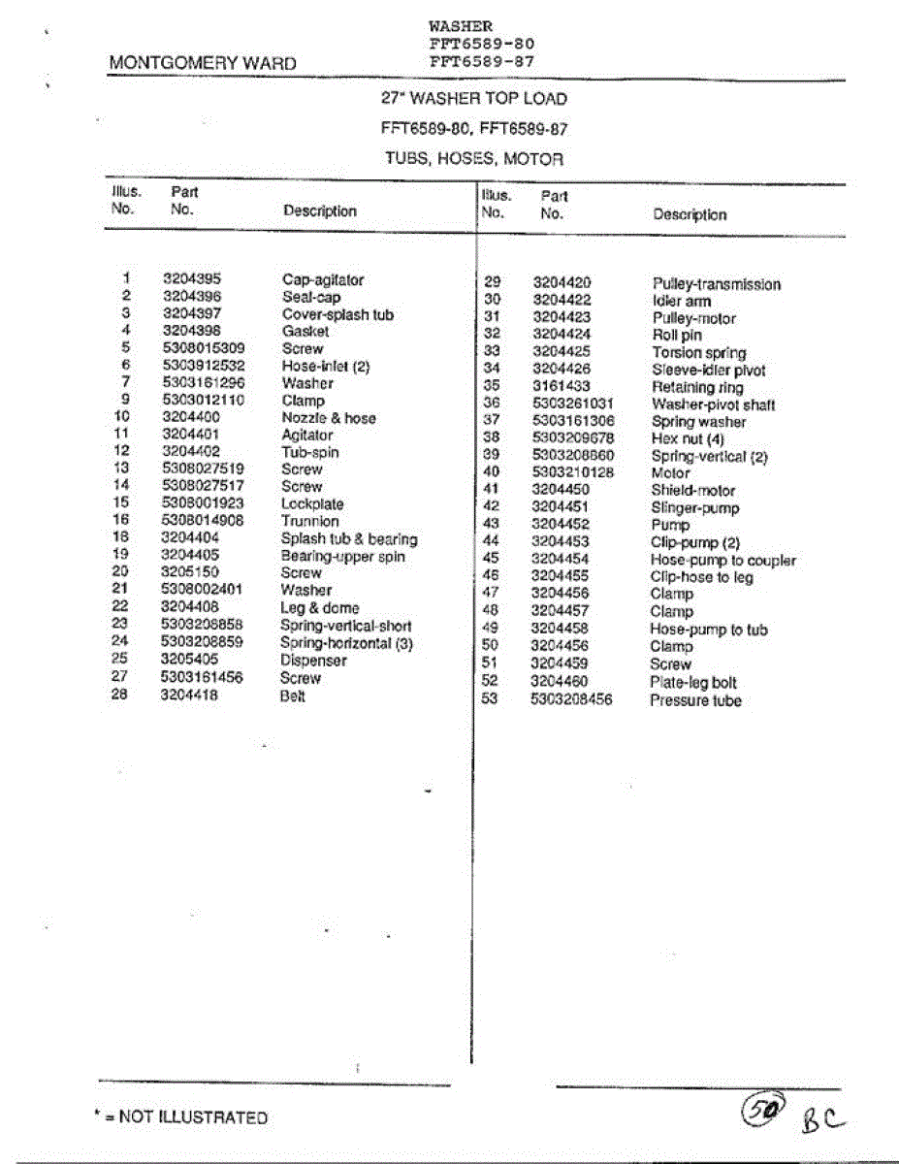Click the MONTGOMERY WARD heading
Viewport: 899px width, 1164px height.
pos(203,64)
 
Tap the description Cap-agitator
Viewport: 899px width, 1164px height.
pos(323,280)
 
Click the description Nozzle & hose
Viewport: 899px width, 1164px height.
pos(329,418)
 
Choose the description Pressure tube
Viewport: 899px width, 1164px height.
pos(695,700)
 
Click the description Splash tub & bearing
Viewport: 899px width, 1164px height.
pos(349,539)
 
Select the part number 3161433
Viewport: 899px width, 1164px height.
pos(561,386)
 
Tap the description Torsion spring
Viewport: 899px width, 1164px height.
pos(698,353)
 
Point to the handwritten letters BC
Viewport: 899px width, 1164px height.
pos(822,1121)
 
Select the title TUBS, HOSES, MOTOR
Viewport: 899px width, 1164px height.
pos(473,159)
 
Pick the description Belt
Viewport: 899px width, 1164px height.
pos(293,696)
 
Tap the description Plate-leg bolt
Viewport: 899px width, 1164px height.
pos(693,683)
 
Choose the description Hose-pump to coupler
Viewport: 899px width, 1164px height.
pos(722,561)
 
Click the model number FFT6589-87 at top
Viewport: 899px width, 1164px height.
pos(481,61)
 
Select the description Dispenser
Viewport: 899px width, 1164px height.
pos(313,661)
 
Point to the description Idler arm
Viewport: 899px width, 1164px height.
pos(681,302)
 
